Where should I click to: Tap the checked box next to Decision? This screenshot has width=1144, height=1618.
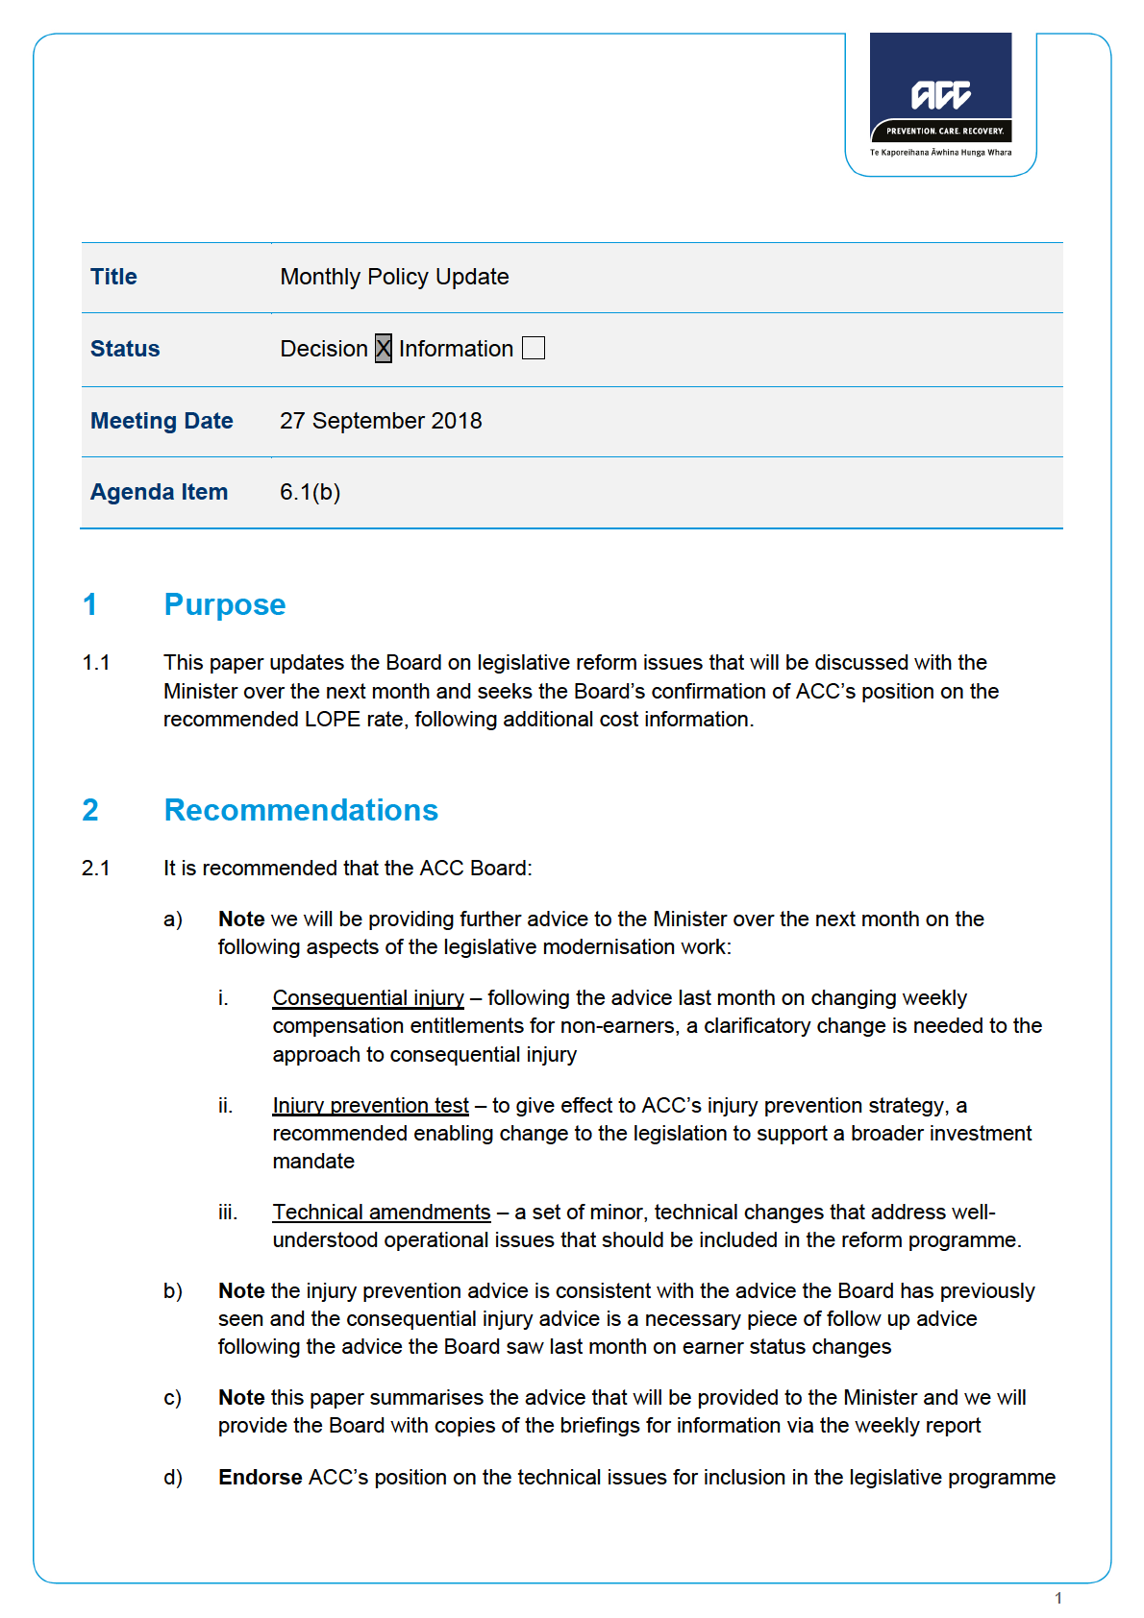pyautogui.click(x=384, y=348)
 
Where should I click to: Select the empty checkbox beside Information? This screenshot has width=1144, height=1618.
pyautogui.click(x=534, y=348)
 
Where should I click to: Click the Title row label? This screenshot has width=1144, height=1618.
pyautogui.click(x=113, y=277)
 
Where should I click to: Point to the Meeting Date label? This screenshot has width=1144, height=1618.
pyautogui.click(x=162, y=421)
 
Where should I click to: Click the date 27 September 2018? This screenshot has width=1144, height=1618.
pyautogui.click(x=381, y=421)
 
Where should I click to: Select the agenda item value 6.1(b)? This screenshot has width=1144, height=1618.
pyautogui.click(x=310, y=492)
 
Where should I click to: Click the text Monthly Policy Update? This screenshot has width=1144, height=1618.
pyautogui.click(x=394, y=277)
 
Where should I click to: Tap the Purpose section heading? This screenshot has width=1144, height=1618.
pyautogui.click(x=225, y=604)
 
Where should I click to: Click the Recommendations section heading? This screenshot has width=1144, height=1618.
pyautogui.click(x=301, y=810)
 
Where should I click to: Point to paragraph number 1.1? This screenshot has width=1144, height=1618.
pyautogui.click(x=96, y=663)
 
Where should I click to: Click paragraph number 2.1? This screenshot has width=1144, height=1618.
pyautogui.click(x=96, y=869)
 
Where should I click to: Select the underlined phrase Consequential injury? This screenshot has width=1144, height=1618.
pyautogui.click(x=368, y=998)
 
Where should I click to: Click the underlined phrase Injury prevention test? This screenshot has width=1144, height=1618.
pyautogui.click(x=370, y=1106)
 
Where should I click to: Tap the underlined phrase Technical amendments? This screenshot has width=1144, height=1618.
pyautogui.click(x=382, y=1213)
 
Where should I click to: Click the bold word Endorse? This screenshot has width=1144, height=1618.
pyautogui.click(x=260, y=1478)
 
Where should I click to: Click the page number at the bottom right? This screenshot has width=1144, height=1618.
pyautogui.click(x=1058, y=1599)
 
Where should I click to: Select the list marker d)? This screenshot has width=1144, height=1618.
pyautogui.click(x=173, y=1478)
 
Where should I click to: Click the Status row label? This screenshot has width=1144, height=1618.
pyautogui.click(x=125, y=349)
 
